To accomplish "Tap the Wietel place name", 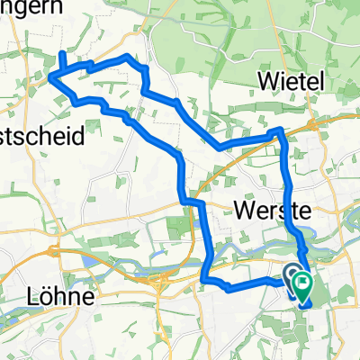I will (290, 81).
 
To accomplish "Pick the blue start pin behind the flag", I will (293, 275).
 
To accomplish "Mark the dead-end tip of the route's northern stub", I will (62, 54).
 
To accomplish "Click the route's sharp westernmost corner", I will (51, 78).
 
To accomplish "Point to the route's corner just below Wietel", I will (280, 131).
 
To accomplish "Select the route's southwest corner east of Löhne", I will (205, 279).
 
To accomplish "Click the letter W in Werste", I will (243, 211).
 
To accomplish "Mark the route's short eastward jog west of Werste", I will (189, 201).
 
